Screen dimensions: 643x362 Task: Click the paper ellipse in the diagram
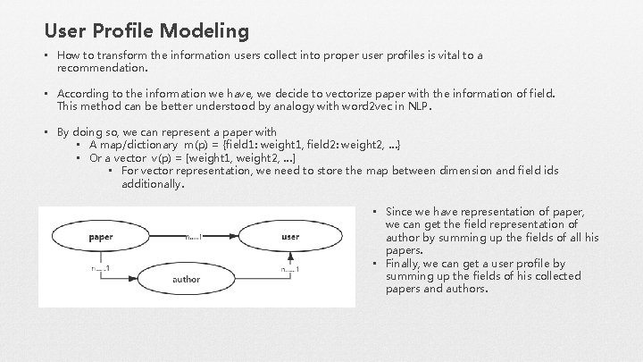pos(101,237)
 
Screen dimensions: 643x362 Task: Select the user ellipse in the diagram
pos(289,237)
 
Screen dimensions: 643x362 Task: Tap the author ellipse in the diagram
pos(186,279)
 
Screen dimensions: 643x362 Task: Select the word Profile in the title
pos(129,31)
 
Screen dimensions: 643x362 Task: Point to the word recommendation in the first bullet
pos(101,66)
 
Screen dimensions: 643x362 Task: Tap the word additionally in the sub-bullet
pos(152,184)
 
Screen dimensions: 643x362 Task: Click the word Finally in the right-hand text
pos(404,264)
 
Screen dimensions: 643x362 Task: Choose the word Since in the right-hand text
pos(401,212)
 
